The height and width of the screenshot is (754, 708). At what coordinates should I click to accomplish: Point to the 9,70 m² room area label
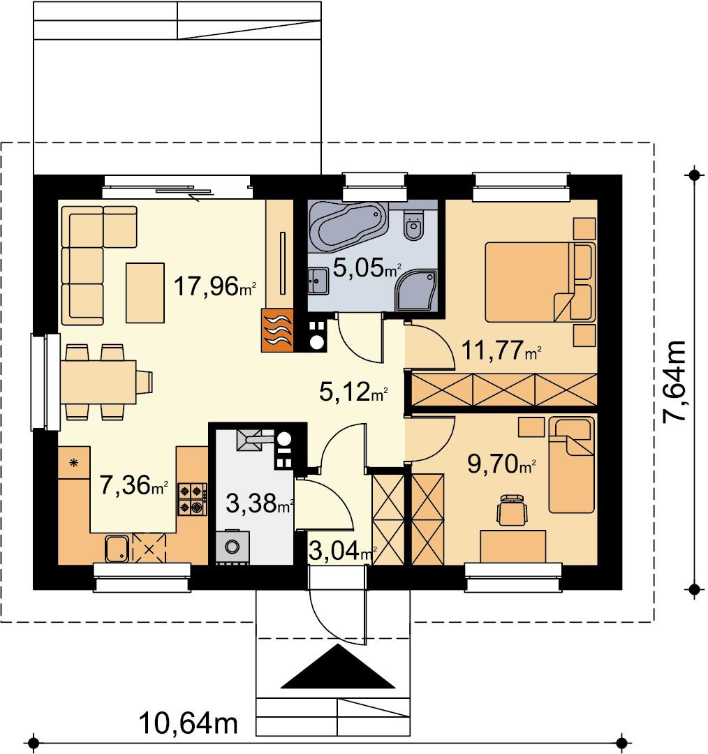click(501, 464)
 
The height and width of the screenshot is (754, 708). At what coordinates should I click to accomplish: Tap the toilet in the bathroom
click(413, 224)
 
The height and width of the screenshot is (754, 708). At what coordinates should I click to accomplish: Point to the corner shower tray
click(417, 290)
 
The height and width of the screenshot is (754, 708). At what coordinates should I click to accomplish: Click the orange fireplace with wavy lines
click(277, 330)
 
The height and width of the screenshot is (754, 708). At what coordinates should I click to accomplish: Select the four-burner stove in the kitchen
click(193, 499)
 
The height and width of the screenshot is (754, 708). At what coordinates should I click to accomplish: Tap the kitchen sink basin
click(117, 549)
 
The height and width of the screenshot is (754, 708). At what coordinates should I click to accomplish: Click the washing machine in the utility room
click(233, 547)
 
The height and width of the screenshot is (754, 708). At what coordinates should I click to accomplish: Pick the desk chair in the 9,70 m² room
click(512, 510)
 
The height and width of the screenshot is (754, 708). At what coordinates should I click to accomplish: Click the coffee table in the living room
click(145, 293)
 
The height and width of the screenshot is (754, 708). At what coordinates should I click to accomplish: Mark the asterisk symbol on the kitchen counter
click(73, 463)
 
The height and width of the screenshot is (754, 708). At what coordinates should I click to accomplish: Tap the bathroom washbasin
click(318, 281)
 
